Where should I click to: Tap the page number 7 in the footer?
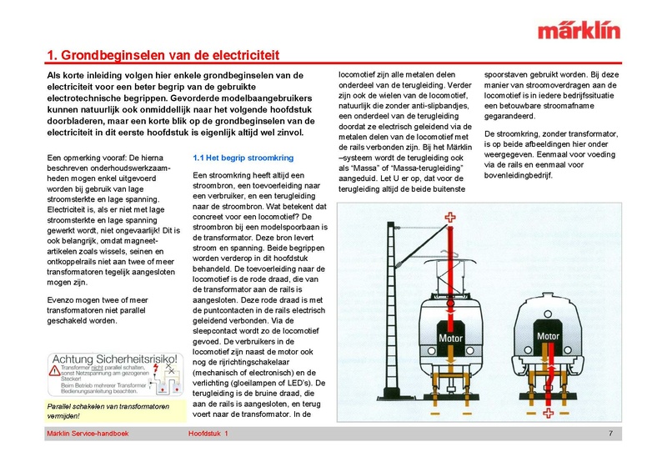[x=610, y=434]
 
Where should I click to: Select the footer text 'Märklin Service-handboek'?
[x=88, y=434]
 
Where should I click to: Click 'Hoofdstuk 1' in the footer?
[x=208, y=434]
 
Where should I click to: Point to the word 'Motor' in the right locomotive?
[x=547, y=337]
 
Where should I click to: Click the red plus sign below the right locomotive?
[x=547, y=415]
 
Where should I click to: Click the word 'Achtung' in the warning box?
[x=76, y=359]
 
